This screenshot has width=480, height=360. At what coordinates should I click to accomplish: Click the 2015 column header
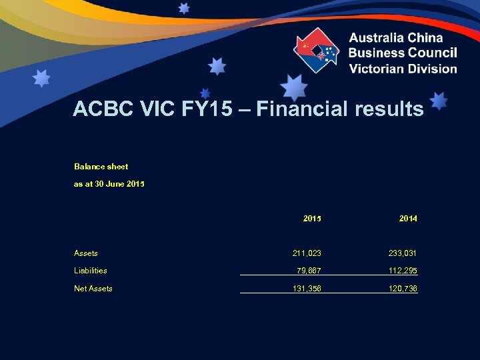[312, 218]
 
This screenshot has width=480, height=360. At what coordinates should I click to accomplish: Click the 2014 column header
[408, 218]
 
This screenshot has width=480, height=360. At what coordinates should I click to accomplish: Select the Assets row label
[86, 253]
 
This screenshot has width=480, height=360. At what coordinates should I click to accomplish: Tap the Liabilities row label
[91, 271]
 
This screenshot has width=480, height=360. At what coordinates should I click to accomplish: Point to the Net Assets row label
[93, 289]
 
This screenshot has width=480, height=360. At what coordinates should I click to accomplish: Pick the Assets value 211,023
[307, 253]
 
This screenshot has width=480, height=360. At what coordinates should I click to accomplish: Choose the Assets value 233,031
[403, 253]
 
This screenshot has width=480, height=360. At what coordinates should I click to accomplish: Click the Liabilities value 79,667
[309, 271]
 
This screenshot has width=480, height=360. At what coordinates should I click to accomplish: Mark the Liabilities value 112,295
[403, 271]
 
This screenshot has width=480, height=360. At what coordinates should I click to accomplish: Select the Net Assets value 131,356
[307, 289]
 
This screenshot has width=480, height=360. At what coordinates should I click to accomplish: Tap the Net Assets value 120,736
[403, 289]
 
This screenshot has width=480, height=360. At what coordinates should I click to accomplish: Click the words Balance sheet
[101, 167]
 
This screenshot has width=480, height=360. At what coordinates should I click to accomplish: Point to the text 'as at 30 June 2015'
[109, 184]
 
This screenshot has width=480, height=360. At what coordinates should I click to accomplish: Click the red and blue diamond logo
[317, 51]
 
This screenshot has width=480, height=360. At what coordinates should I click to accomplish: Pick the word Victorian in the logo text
[378, 68]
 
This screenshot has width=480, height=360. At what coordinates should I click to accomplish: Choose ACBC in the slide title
[101, 109]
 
